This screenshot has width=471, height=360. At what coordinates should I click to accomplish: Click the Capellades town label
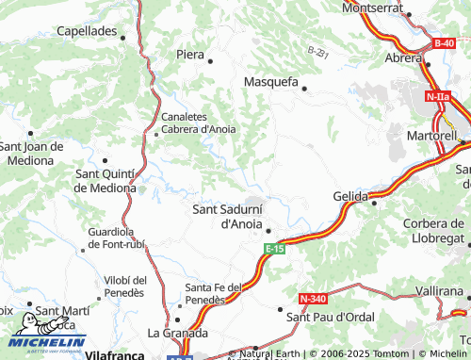[x=86, y=31]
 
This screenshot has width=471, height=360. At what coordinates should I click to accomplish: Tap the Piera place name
[x=190, y=55]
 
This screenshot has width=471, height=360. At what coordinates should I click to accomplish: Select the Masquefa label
[x=271, y=82]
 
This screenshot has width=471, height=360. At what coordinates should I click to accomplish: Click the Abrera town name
[x=403, y=57]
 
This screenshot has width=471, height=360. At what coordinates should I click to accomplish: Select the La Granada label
[x=177, y=333]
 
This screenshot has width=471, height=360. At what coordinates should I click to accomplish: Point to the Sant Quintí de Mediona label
[x=106, y=180]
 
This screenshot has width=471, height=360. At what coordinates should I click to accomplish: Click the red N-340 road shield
[x=313, y=299]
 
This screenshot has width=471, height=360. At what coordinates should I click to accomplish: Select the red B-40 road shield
[x=444, y=43]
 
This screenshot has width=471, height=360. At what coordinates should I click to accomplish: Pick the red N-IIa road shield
[x=437, y=97]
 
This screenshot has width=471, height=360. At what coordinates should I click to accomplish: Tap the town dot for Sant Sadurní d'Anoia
[x=268, y=231]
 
